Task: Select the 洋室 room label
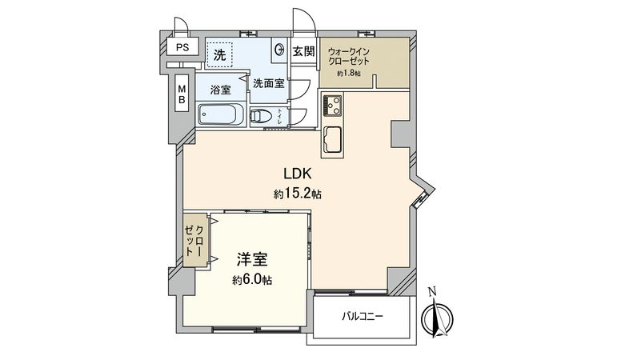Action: point(251,260)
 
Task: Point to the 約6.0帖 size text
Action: point(251,280)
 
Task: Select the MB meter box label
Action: point(182,95)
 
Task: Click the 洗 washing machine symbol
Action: point(218,55)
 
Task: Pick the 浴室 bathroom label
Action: point(221,90)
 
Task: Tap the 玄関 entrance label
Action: point(303,52)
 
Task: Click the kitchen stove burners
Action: point(333,104)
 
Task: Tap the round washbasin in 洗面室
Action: point(279,50)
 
